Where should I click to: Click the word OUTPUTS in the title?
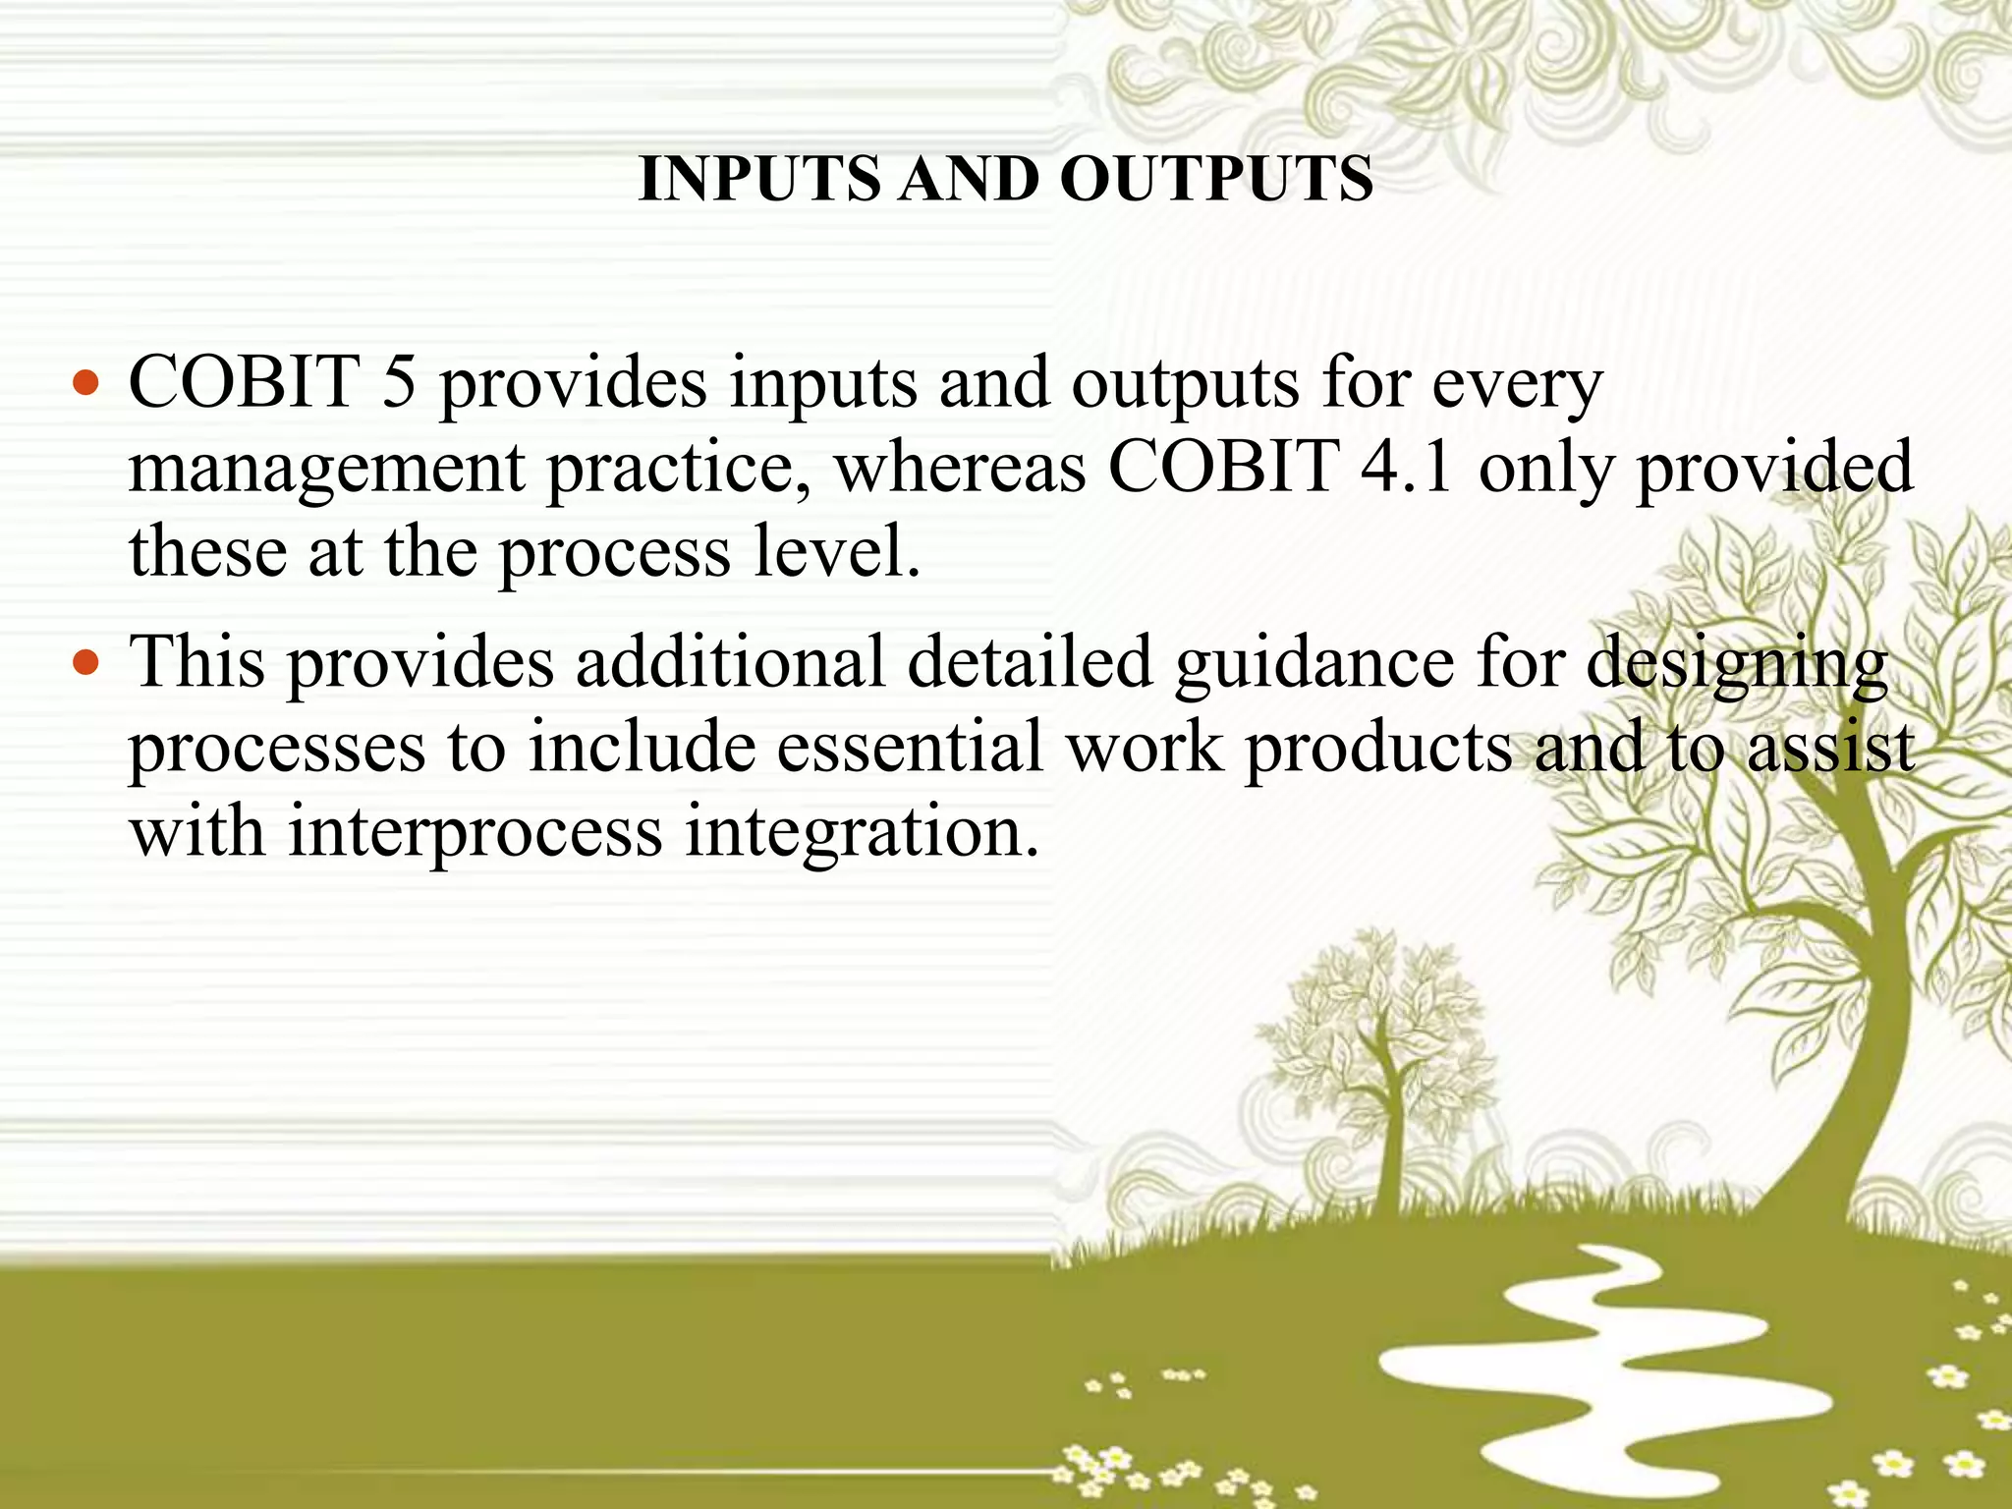pos(1216,179)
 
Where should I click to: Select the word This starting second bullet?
pos(197,661)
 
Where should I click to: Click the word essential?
pos(910,747)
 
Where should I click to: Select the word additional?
pos(730,661)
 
